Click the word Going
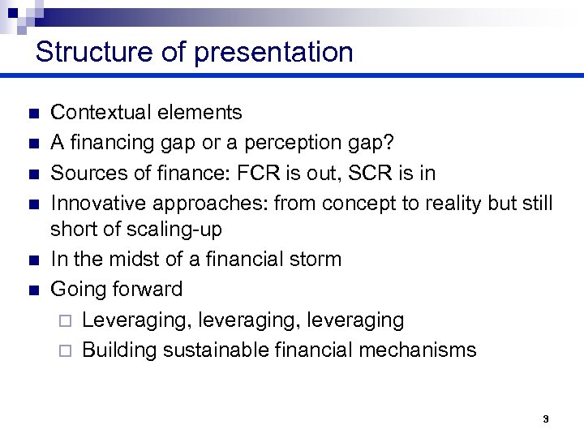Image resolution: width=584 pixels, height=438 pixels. [75, 289]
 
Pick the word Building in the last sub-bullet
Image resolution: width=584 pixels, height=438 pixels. [119, 350]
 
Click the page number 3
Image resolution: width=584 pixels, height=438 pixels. [545, 419]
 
